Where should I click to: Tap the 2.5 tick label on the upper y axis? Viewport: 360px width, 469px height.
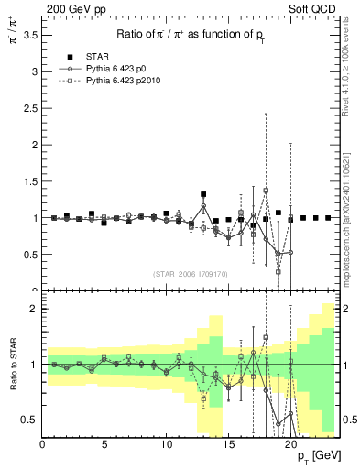[30, 108]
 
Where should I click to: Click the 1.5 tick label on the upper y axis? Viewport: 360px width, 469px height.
[30, 181]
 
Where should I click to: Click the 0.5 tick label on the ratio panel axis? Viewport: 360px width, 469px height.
[30, 420]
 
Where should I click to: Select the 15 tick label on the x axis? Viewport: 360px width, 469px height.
[228, 445]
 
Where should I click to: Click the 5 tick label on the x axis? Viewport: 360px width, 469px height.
[104, 445]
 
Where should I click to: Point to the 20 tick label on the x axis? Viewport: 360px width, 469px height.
[290, 445]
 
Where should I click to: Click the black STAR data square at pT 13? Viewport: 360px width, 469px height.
[203, 194]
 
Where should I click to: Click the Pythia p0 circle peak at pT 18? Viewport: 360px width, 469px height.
[266, 191]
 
